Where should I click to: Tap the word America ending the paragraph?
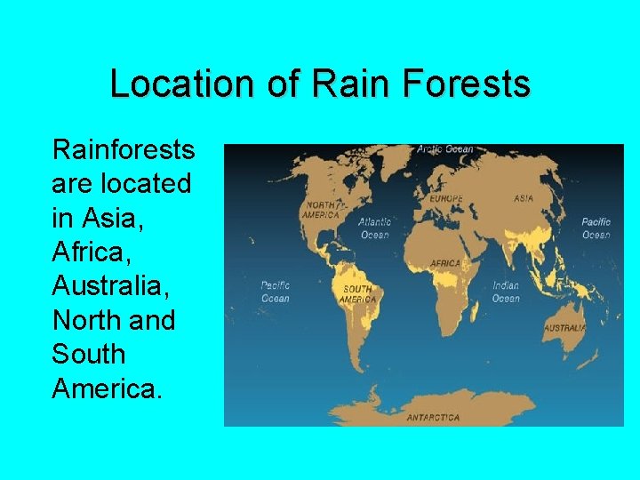(107, 388)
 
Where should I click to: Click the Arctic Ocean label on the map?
(445, 149)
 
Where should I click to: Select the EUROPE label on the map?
(446, 199)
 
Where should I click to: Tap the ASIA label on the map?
(524, 198)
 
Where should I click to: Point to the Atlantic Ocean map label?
(374, 228)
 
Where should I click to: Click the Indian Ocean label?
(506, 292)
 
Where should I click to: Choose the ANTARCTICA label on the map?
(433, 417)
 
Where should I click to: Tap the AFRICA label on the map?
(445, 263)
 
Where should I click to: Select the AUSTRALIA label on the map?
(564, 328)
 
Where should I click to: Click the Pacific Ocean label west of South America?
(275, 292)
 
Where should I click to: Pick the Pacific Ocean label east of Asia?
(596, 228)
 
